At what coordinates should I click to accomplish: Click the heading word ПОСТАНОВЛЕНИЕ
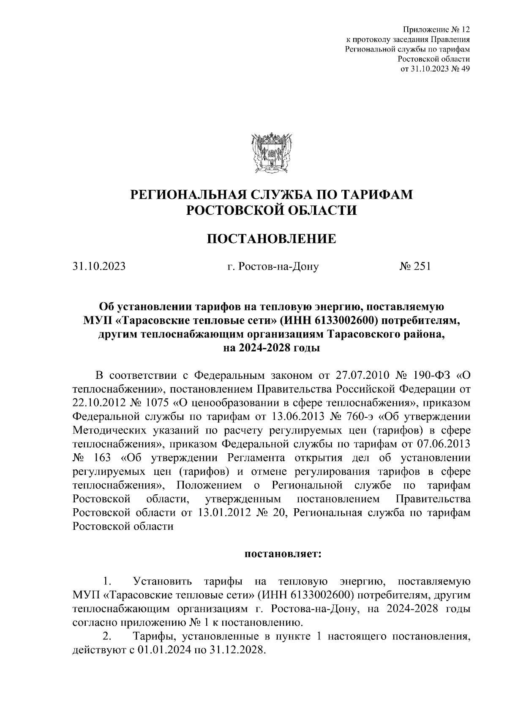271,239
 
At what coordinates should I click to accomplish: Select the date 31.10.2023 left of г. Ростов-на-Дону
99,267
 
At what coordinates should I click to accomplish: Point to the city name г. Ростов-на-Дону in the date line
273,267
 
